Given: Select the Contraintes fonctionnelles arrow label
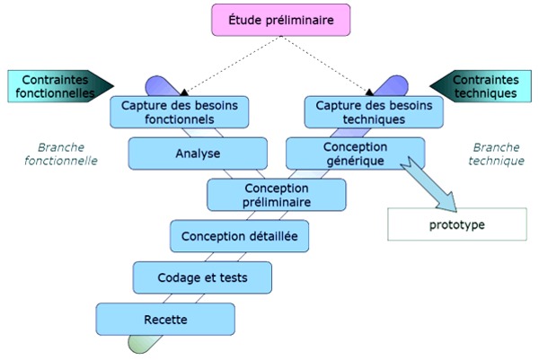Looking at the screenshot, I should (x=59, y=84).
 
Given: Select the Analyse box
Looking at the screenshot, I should (x=198, y=154).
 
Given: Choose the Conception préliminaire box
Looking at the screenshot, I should (x=277, y=195).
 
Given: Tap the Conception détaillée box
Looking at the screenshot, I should (x=233, y=237).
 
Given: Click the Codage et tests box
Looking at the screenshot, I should (x=202, y=277).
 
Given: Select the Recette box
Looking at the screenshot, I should (x=165, y=320).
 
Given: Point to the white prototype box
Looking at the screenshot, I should (x=455, y=224).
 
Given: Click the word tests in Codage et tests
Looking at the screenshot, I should (x=230, y=277).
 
